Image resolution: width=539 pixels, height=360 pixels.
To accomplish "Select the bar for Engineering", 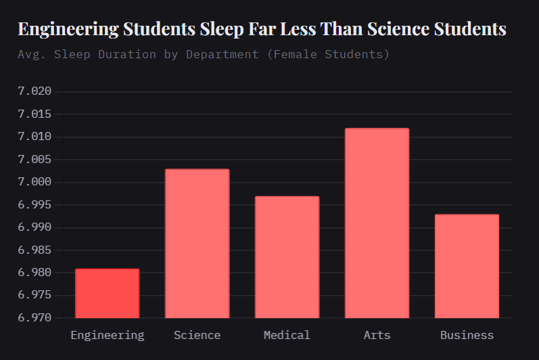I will [107, 293].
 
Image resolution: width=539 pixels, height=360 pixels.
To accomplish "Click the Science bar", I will [197, 244].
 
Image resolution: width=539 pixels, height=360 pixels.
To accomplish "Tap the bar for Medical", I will [287, 257].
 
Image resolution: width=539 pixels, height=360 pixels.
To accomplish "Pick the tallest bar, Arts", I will [377, 223].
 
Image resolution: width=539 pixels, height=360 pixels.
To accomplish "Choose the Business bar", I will [467, 266].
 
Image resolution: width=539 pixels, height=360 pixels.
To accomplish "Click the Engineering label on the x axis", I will [107, 335].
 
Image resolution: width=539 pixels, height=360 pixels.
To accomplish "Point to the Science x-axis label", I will [197, 335].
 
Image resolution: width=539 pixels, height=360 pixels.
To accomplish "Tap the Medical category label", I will [287, 335].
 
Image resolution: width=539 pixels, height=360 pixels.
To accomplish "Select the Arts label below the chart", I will [377, 335].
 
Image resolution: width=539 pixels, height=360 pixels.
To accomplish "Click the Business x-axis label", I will [467, 335].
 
